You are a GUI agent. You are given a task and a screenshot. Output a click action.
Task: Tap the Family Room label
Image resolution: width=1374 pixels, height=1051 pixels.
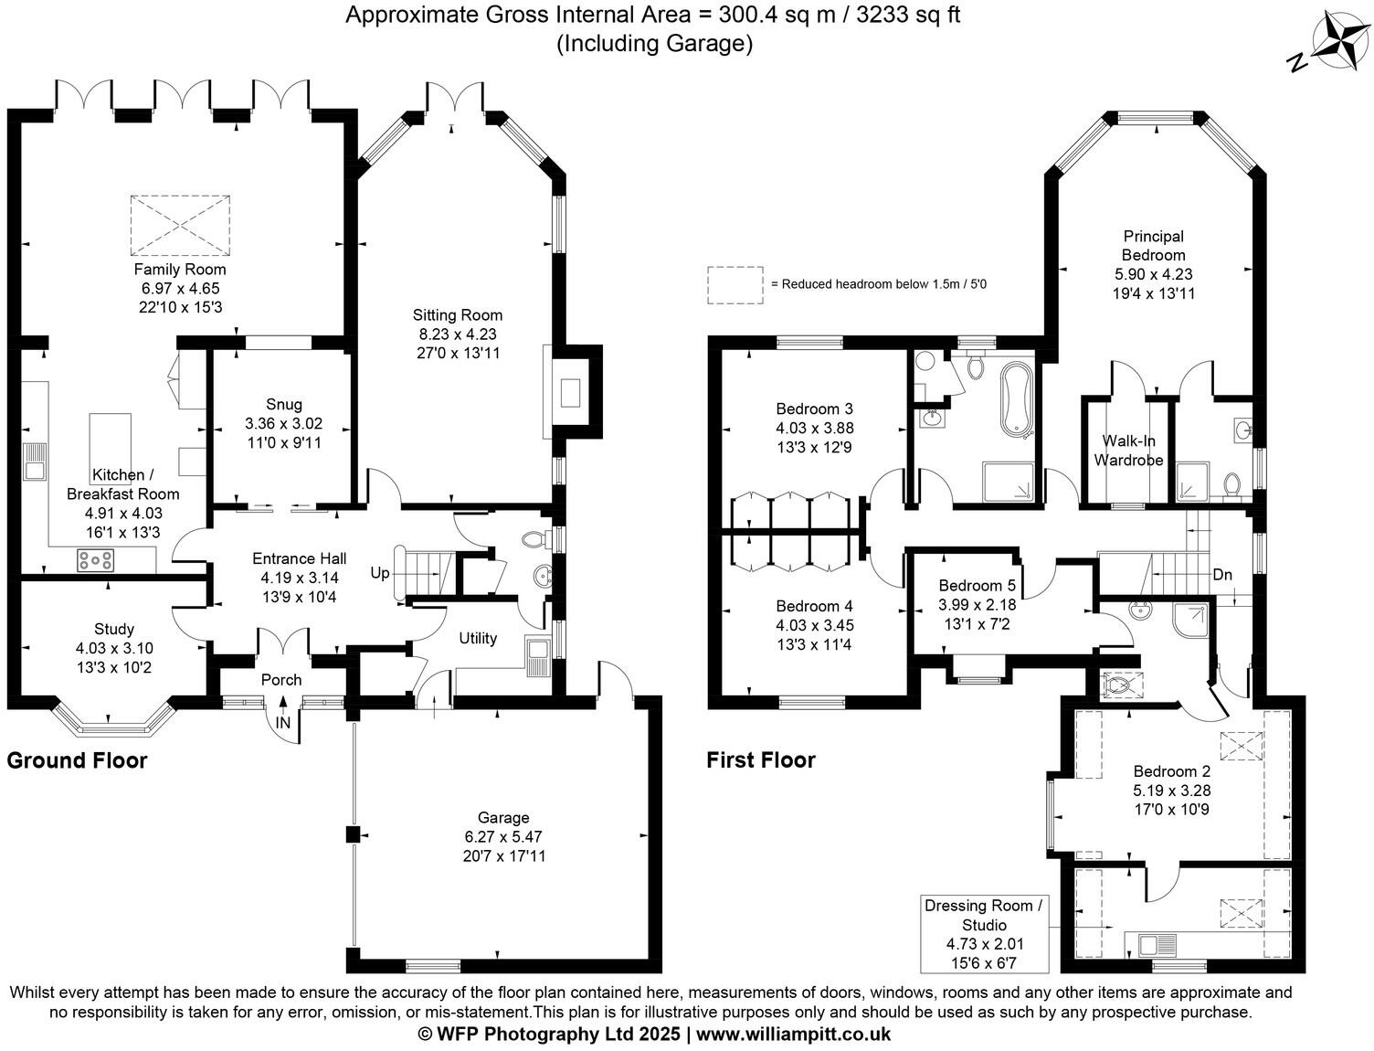(179, 270)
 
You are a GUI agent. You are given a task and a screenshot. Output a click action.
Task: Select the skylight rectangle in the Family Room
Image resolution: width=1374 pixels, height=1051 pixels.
(176, 225)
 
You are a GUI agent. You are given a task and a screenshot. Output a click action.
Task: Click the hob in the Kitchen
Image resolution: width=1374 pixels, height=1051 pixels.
(95, 559)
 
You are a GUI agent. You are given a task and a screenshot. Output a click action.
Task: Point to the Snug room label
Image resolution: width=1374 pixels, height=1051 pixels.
(283, 404)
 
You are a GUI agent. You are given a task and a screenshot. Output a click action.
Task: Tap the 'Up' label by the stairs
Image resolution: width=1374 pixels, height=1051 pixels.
(380, 573)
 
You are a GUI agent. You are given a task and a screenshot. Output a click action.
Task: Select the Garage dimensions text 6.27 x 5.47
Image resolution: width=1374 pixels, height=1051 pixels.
(503, 837)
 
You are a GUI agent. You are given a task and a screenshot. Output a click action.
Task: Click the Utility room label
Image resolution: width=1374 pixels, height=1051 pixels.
(477, 638)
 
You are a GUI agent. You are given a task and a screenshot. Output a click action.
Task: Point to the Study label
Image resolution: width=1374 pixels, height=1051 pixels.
(114, 629)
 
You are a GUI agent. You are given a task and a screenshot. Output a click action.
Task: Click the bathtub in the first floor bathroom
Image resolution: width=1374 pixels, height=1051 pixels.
(1016, 399)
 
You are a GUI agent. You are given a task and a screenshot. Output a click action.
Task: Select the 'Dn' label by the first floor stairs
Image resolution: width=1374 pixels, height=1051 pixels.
(1222, 575)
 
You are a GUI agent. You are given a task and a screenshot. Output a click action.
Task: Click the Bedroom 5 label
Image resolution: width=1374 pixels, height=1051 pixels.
(977, 585)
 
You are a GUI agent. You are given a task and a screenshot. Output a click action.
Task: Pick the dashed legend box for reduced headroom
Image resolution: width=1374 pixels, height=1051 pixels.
(735, 284)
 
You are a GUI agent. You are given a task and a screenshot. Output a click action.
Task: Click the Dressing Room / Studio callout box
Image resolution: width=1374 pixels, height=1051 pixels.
(984, 933)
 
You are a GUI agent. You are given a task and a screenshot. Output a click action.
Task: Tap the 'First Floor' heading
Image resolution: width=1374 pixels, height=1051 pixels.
(760, 759)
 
